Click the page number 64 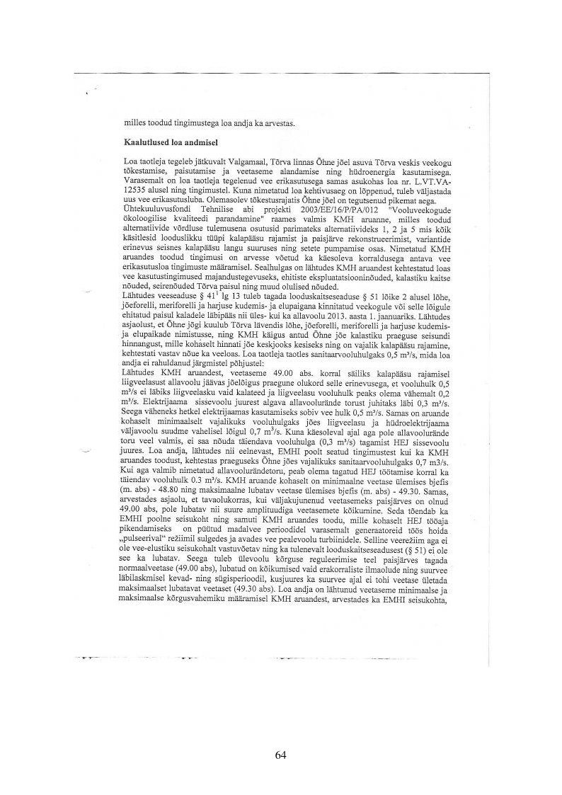coord(280,755)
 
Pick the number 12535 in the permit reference coord(138,190)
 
